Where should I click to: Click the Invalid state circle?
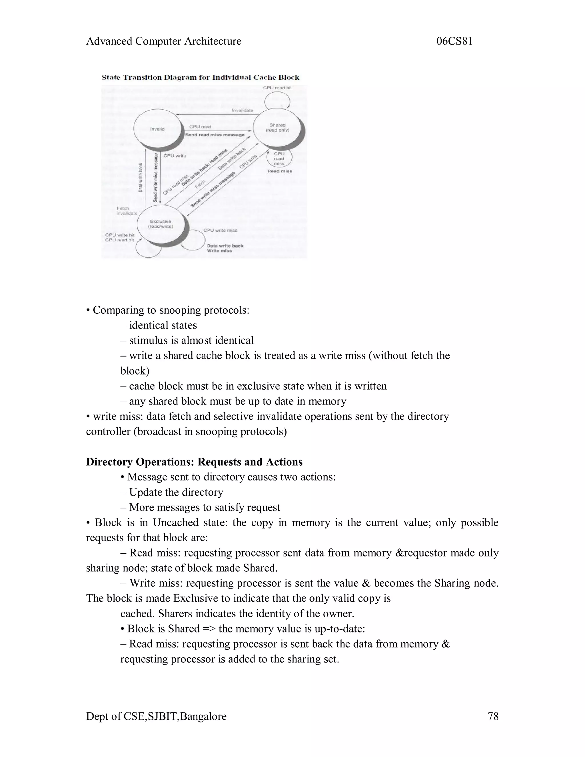coord(158,129)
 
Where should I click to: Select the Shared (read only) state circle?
coord(277,128)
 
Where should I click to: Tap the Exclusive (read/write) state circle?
coord(161,224)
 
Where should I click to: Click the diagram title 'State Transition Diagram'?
coord(200,77)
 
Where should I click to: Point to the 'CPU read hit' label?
coord(277,88)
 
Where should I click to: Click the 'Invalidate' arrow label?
coord(242,110)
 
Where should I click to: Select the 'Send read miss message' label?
coord(215,135)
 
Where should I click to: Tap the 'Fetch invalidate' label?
coord(127,211)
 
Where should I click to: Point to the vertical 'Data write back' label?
coord(140,177)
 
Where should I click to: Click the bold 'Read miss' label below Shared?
coord(280,171)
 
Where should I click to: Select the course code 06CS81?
coord(454,41)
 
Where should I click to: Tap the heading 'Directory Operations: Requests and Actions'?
coord(194,462)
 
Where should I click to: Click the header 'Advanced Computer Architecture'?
coord(164,41)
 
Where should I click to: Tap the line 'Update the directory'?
coord(176,492)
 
